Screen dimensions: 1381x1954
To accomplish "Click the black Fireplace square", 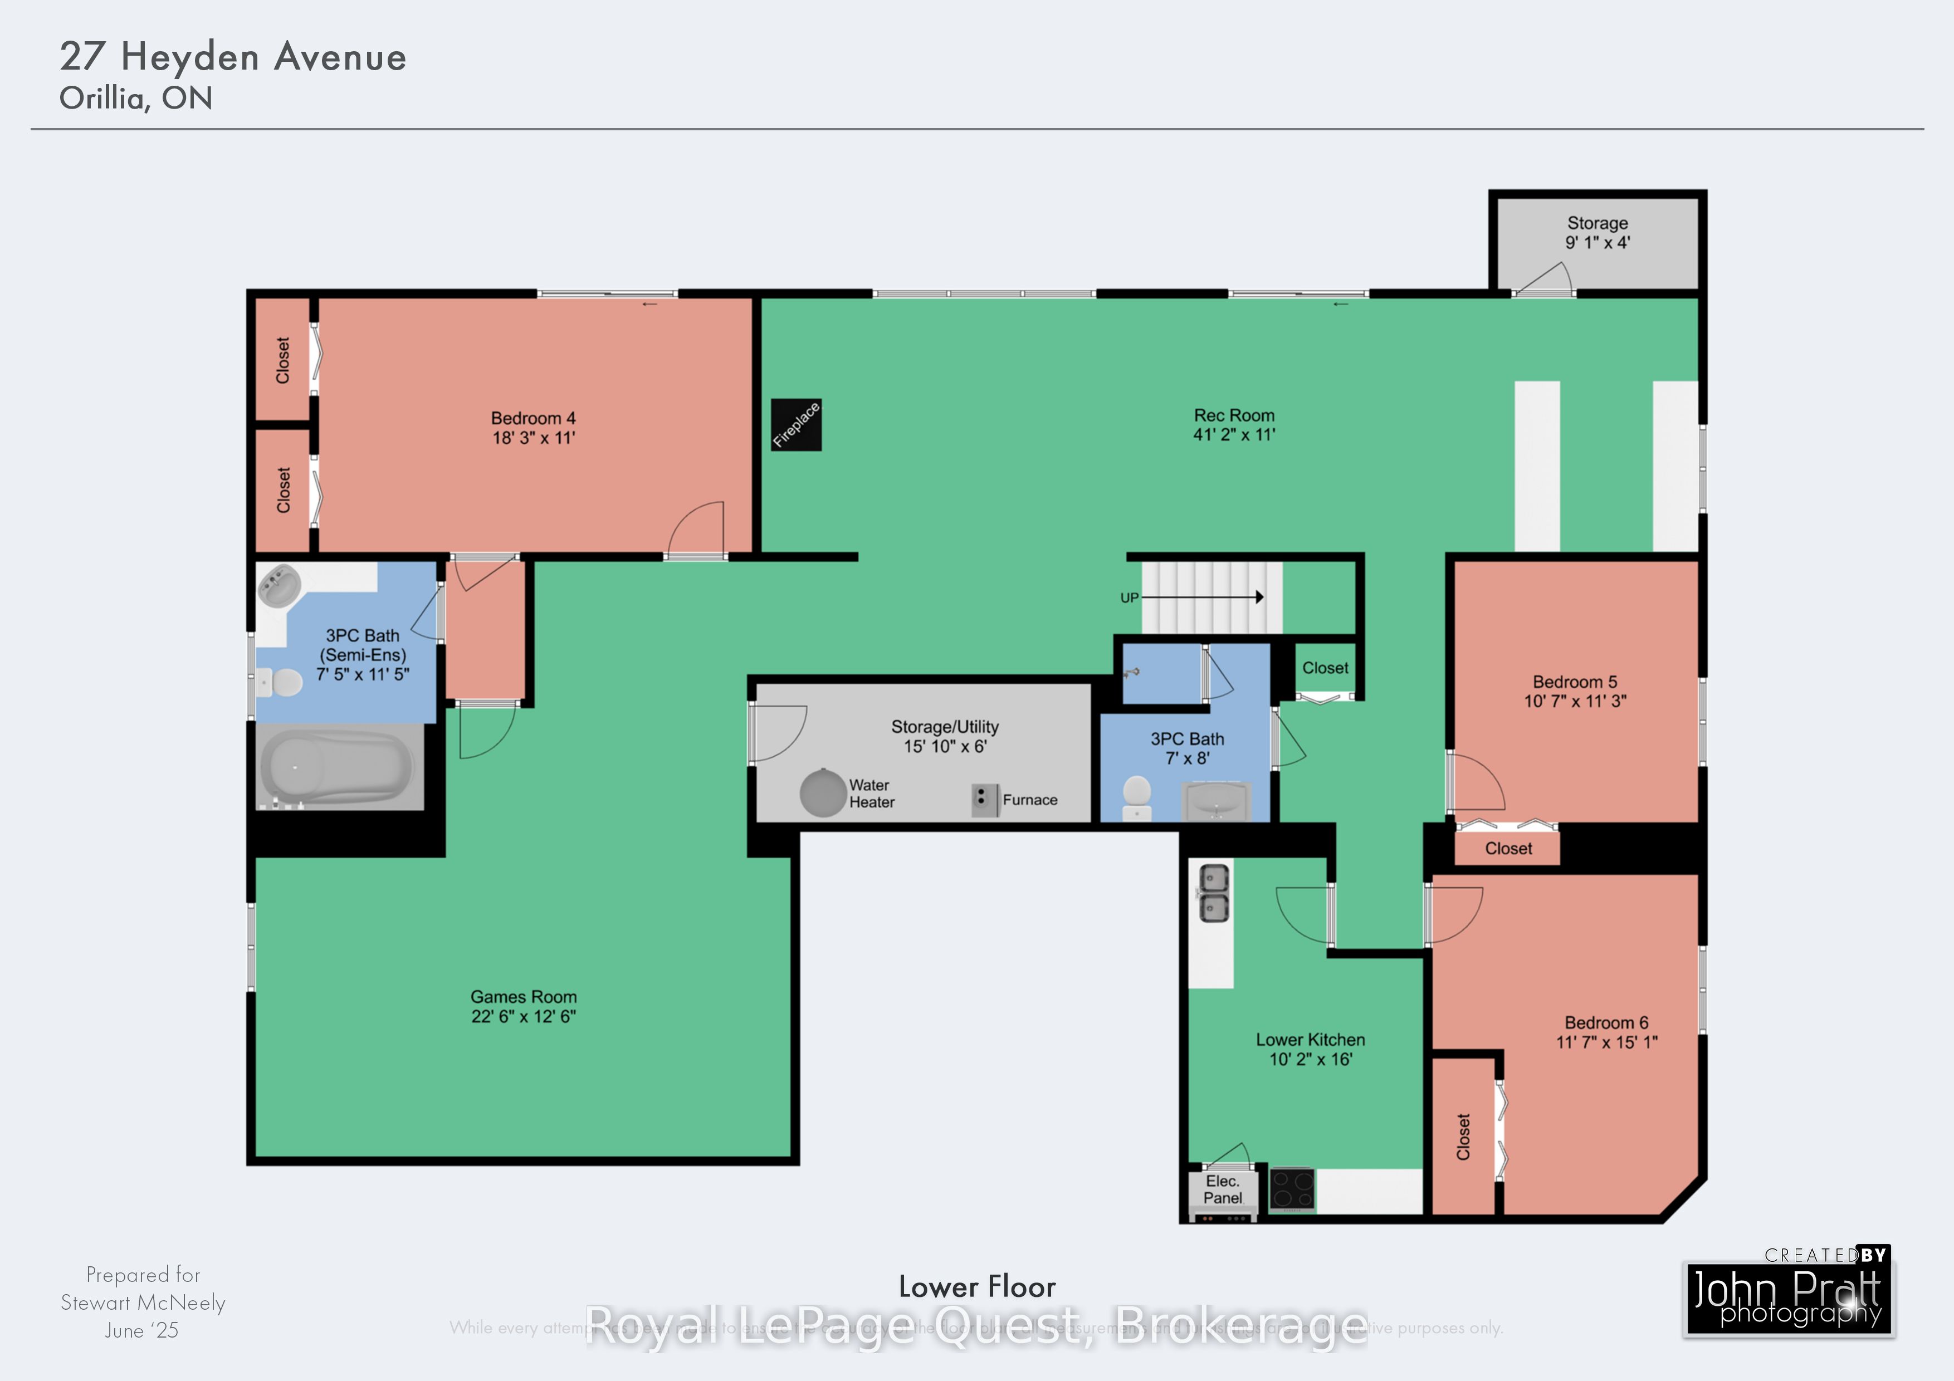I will pyautogui.click(x=796, y=424).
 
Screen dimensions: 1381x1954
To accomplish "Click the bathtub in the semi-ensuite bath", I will pyautogui.click(x=338, y=767).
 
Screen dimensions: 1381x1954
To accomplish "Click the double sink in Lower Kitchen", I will pyautogui.click(x=1214, y=893).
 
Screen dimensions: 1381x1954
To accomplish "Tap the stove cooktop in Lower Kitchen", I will pyautogui.click(x=1292, y=1189).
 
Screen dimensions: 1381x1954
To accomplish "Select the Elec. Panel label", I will pyautogui.click(x=1222, y=1189).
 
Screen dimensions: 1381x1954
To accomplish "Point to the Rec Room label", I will pyautogui.click(x=1234, y=415).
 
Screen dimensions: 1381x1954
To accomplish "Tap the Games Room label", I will pyautogui.click(x=524, y=996).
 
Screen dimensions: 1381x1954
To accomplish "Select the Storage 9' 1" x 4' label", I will pyautogui.click(x=1598, y=232).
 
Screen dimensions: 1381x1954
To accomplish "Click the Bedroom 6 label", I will pyautogui.click(x=1606, y=1023).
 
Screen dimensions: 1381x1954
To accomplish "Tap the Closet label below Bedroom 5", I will pyautogui.click(x=1508, y=848).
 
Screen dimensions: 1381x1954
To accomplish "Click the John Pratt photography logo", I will pyautogui.click(x=1788, y=1296).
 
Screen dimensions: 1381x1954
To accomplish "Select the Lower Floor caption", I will pyautogui.click(x=977, y=1286).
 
